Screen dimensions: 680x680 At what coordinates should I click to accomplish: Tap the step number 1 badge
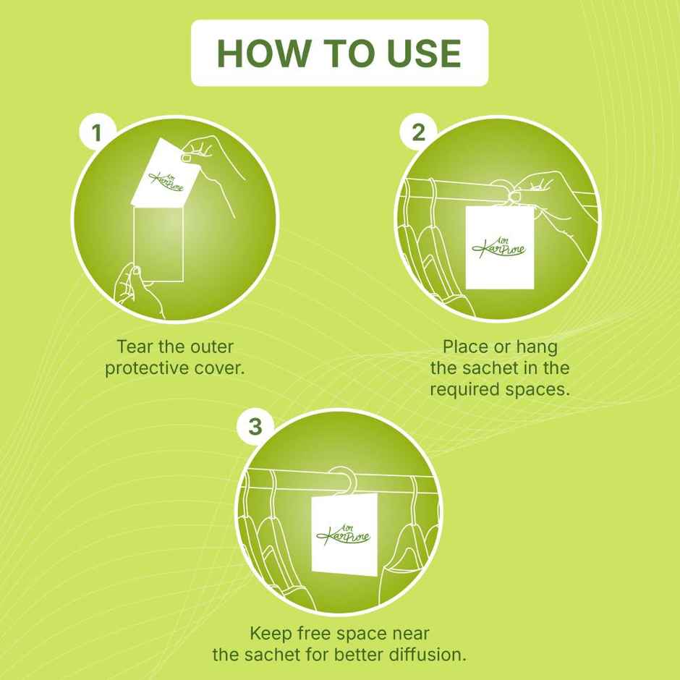pos(97,132)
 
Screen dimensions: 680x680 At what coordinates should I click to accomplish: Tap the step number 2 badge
pos(419,132)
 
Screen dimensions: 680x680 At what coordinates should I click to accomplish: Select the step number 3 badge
pos(255,426)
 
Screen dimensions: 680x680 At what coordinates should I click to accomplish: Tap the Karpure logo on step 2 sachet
pos(498,248)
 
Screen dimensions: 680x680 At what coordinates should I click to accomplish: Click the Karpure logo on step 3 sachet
pos(344,535)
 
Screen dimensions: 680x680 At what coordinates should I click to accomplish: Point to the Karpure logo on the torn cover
pos(166,180)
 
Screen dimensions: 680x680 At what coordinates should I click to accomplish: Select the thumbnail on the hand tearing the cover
pos(186,158)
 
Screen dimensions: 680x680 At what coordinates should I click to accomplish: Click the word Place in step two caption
pos(465,347)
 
